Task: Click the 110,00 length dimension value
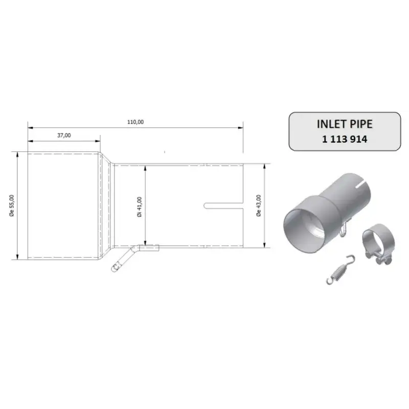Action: (x=135, y=122)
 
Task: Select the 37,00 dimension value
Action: (x=64, y=135)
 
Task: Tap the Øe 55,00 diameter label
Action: (x=12, y=206)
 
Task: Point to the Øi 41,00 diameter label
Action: (x=140, y=207)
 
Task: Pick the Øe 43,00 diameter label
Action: (x=259, y=206)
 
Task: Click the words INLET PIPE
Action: (x=345, y=124)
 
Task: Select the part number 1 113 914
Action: (x=345, y=139)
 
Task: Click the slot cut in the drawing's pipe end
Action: (x=223, y=206)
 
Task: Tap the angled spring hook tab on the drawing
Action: (x=125, y=258)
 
